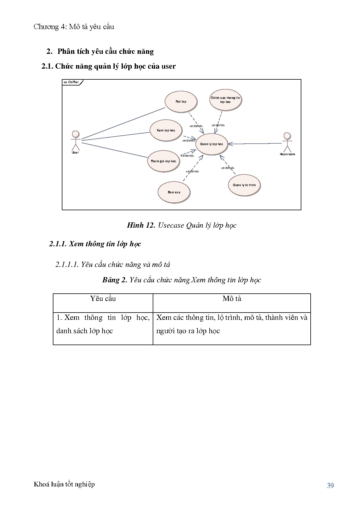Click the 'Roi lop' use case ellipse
pyautogui.click(x=181, y=101)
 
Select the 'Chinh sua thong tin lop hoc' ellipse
pyautogui.click(x=225, y=100)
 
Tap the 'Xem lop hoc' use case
pyautogui.click(x=166, y=130)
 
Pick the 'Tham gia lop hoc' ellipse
pyautogui.click(x=163, y=161)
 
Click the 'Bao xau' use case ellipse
pyautogui.click(x=174, y=192)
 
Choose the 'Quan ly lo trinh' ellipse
pyautogui.click(x=244, y=185)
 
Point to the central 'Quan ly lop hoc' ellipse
pyautogui.click(x=211, y=144)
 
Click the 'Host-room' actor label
pyautogui.click(x=287, y=154)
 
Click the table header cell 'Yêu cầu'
pyautogui.click(x=103, y=299)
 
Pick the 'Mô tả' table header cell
pyautogui.click(x=232, y=299)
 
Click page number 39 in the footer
pyautogui.click(x=330, y=485)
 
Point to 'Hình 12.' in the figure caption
pyautogui.click(x=141, y=225)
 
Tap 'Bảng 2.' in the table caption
pyautogui.click(x=115, y=280)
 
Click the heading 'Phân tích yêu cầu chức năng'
pyautogui.click(x=105, y=51)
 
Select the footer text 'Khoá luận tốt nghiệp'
pyautogui.click(x=64, y=484)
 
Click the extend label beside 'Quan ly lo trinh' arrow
pyautogui.click(x=228, y=168)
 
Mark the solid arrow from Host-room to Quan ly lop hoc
pyautogui.click(x=255, y=143)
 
